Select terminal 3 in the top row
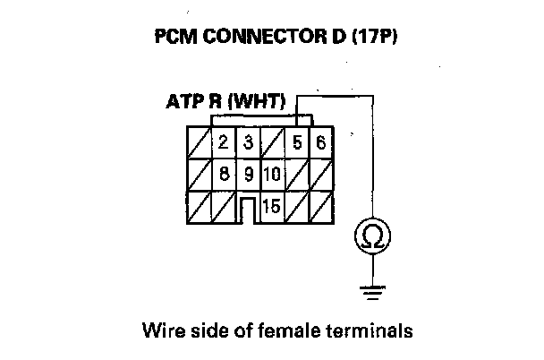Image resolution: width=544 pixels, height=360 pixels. (248, 141)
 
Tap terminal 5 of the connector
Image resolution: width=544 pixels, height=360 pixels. (297, 141)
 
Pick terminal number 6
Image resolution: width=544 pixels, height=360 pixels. (320, 141)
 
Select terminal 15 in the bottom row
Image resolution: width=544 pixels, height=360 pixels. (273, 206)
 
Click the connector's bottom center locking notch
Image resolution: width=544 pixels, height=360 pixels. (249, 211)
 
